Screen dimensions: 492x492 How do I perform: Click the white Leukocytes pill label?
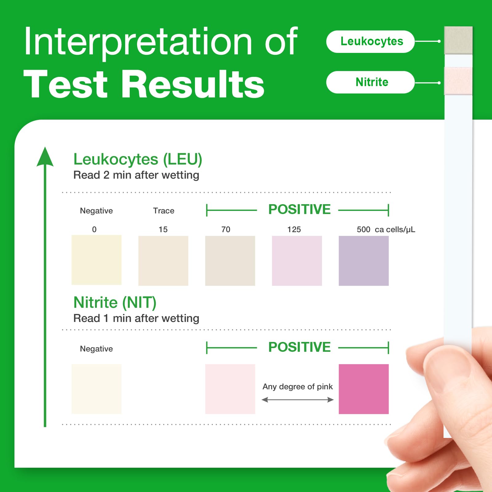pyautogui.click(x=370, y=42)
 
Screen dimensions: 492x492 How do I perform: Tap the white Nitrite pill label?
pyautogui.click(x=370, y=82)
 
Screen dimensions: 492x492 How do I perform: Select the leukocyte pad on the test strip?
pyautogui.click(x=458, y=40)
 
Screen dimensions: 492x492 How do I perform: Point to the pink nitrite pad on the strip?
pyautogui.click(x=458, y=81)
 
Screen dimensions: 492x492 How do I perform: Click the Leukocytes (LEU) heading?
pyautogui.click(x=138, y=159)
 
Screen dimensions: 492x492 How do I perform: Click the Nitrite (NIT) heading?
pyautogui.click(x=115, y=303)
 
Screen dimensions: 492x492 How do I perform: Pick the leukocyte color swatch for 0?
pyautogui.click(x=97, y=260)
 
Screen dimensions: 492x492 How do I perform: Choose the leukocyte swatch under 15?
pyautogui.click(x=163, y=261)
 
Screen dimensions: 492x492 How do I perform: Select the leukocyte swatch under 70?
pyautogui.click(x=230, y=261)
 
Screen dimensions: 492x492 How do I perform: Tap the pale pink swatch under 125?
pyautogui.click(x=297, y=261)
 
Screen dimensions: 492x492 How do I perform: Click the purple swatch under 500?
pyautogui.click(x=364, y=261)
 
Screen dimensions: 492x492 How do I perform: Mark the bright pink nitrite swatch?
pyautogui.click(x=364, y=389)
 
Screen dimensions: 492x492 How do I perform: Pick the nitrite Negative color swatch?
pyautogui.click(x=97, y=389)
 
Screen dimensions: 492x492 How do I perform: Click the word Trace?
pyautogui.click(x=164, y=211)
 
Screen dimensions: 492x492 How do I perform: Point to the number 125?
pyautogui.click(x=294, y=229)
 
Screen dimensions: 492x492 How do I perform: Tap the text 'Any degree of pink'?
pyautogui.click(x=298, y=387)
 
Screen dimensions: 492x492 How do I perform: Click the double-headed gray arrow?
pyautogui.click(x=298, y=400)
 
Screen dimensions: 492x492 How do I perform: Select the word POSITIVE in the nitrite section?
pyautogui.click(x=300, y=347)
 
